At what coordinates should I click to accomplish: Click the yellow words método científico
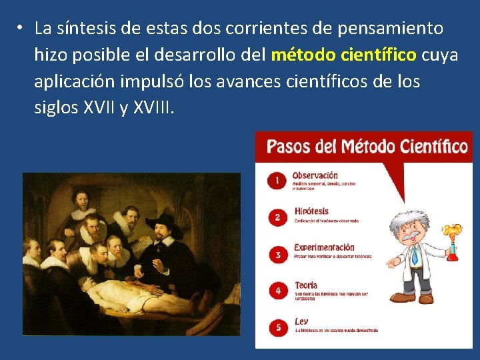tap(345, 55)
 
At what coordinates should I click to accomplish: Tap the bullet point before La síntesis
tap(21, 28)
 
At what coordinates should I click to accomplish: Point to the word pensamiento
tap(391, 28)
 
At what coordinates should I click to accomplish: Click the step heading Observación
tap(315, 175)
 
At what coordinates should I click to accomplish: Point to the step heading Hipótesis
tap(311, 211)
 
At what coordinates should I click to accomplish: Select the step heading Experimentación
tap(324, 247)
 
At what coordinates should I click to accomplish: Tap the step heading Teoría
tap(306, 285)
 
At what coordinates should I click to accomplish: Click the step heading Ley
tap(301, 321)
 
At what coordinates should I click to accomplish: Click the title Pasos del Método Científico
tap(367, 146)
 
